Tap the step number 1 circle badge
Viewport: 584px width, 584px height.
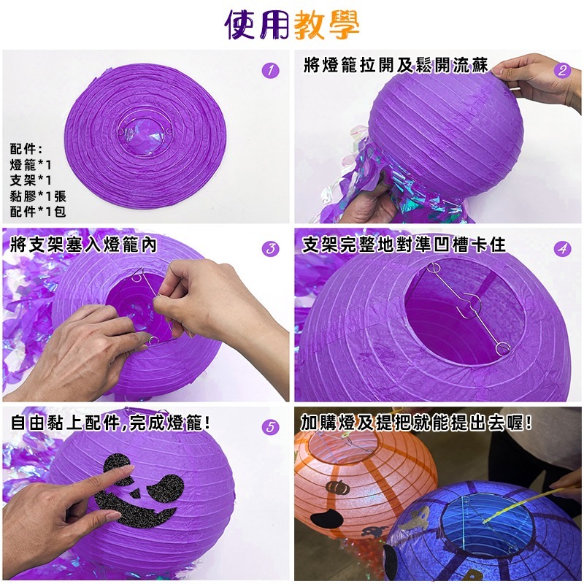click(x=270, y=71)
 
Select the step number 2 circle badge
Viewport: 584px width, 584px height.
click(x=561, y=71)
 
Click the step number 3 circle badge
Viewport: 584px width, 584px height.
click(x=270, y=249)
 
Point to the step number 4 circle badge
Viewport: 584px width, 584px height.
click(x=562, y=249)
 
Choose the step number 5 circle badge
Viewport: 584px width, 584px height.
click(x=271, y=427)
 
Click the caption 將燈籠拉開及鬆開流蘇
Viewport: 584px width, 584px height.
click(x=395, y=66)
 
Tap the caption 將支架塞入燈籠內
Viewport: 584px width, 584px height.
click(x=84, y=245)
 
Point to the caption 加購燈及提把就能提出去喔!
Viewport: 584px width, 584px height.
click(x=416, y=423)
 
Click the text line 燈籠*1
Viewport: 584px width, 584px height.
click(x=31, y=166)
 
